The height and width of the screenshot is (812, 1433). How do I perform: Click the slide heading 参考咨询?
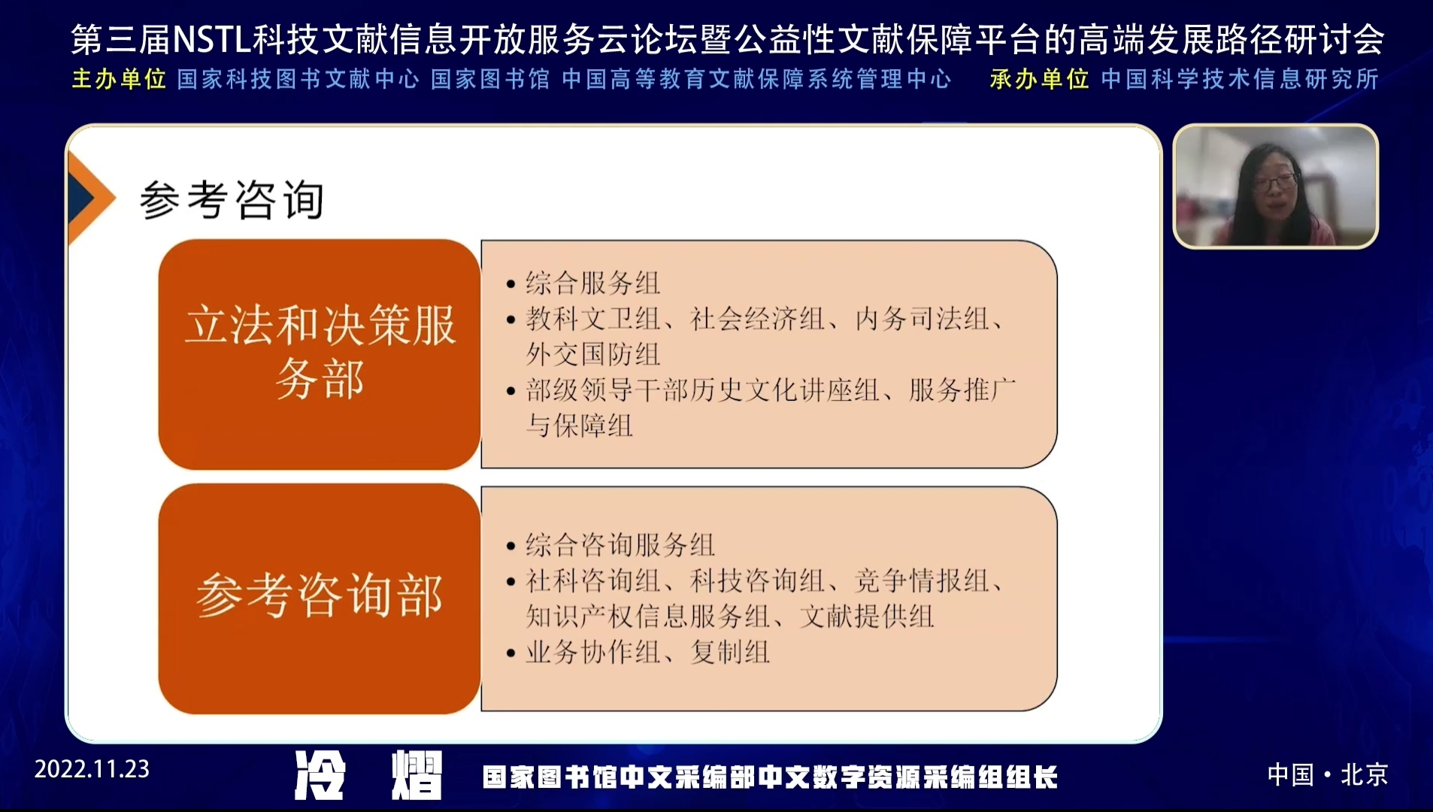(x=232, y=200)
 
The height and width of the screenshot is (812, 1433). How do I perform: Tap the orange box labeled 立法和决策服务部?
(x=320, y=354)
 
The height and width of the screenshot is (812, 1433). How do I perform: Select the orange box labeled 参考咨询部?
(x=320, y=598)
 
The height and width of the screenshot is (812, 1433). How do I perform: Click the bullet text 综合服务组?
(x=592, y=283)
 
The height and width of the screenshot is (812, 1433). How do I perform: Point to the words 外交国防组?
(x=592, y=354)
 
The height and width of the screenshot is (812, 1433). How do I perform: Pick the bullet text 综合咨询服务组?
(x=620, y=545)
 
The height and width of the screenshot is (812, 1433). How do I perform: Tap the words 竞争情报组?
(x=921, y=580)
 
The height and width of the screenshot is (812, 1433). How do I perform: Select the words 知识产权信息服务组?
(x=647, y=617)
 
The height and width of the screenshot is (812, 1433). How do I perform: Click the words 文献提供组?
(x=866, y=617)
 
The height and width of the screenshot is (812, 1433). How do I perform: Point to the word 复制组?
(x=729, y=652)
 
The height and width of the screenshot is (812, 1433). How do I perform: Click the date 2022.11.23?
(x=92, y=769)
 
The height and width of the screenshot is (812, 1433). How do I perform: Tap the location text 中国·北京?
(x=1327, y=774)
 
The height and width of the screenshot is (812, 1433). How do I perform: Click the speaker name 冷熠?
(x=368, y=775)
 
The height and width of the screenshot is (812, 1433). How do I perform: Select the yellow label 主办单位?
(x=119, y=79)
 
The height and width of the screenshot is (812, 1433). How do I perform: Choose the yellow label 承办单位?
(x=1039, y=79)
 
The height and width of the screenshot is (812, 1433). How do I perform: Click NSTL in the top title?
(x=211, y=40)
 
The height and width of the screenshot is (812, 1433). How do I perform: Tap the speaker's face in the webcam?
(x=1274, y=184)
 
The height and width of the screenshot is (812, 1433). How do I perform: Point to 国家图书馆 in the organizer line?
(x=490, y=79)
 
